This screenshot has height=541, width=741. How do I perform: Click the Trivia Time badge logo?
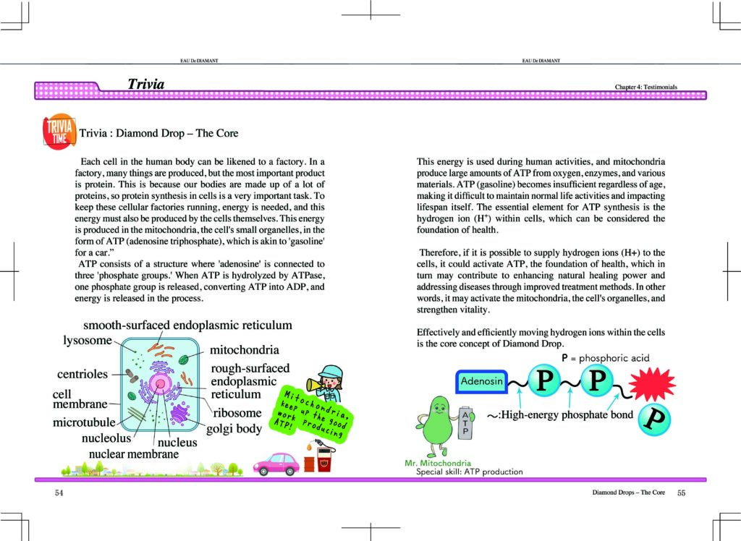coord(57,132)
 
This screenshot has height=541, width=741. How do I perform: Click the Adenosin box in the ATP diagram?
coord(483,380)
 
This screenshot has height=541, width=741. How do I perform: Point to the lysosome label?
coord(86,340)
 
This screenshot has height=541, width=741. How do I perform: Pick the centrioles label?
coord(82,374)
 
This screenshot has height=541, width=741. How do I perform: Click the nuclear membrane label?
coord(133,453)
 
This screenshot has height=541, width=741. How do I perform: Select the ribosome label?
coord(237,413)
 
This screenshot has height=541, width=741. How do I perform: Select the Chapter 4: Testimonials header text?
coord(645,87)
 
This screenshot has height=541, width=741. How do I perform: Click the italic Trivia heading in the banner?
coord(145,85)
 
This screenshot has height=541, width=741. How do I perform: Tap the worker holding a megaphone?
coord(330,383)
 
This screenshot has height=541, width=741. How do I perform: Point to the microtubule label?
coord(84,422)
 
